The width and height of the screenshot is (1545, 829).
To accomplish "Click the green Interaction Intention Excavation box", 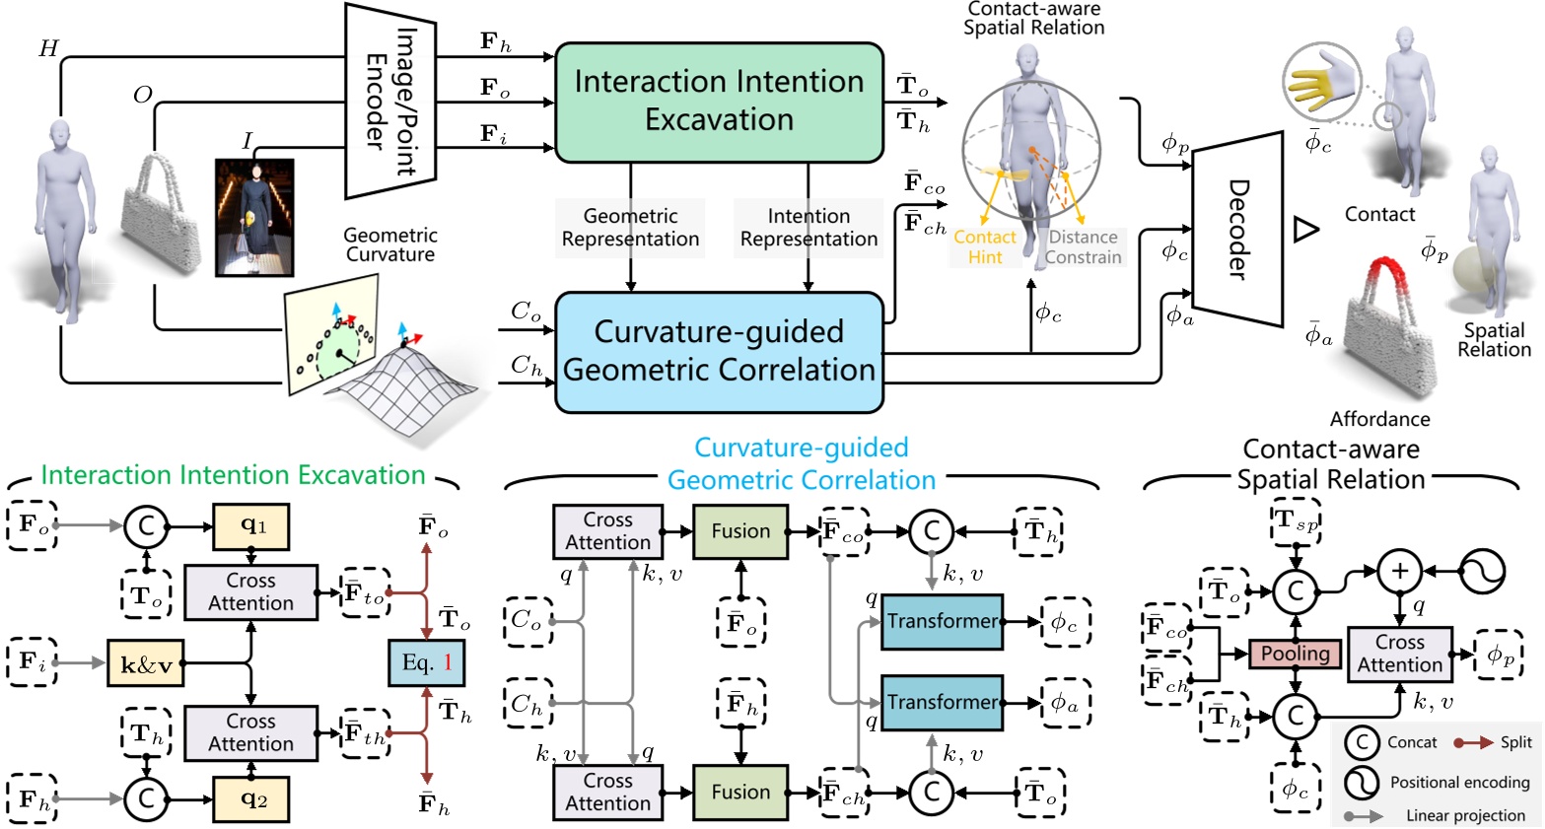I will (x=719, y=102).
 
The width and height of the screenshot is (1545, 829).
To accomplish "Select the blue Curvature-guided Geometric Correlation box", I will (x=719, y=352).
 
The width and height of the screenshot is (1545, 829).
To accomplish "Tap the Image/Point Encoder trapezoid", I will (x=390, y=102).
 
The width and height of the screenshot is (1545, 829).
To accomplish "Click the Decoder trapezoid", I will (x=1237, y=229).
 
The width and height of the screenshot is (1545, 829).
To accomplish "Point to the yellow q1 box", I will (x=252, y=525).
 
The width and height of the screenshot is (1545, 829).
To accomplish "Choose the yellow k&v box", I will (x=145, y=663).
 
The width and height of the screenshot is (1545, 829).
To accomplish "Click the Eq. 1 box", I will (x=426, y=662).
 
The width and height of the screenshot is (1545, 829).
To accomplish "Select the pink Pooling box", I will (x=1295, y=654).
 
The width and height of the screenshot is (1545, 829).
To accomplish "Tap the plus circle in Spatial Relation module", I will (x=1399, y=572).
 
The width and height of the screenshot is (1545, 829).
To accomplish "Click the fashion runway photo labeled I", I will (x=254, y=217).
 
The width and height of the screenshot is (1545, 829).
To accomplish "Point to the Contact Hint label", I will (x=984, y=247).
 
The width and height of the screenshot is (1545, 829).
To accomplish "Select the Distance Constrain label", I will (x=1083, y=247).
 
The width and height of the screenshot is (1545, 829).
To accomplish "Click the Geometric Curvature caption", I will (x=390, y=244).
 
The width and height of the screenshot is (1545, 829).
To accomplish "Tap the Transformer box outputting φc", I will (x=942, y=621).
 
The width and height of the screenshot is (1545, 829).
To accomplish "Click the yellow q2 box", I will (x=252, y=798).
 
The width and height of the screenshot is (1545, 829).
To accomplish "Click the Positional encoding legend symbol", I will (x=1362, y=782).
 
